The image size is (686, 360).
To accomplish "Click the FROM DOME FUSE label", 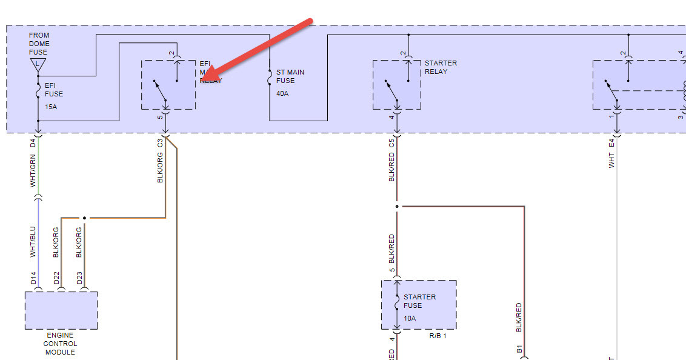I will [39, 44].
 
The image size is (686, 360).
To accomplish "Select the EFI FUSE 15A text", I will [54, 94].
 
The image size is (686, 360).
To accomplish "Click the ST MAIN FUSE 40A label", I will [290, 81].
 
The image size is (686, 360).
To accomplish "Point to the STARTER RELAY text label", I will [441, 67].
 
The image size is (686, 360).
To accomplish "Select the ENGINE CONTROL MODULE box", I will [61, 310].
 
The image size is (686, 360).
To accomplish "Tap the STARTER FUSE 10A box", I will [419, 305].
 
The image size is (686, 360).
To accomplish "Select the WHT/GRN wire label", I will [33, 170].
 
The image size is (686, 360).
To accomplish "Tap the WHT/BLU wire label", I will [33, 242].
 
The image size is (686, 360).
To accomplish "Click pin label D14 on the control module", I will [33, 279].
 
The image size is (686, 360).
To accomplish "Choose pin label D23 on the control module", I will [79, 279].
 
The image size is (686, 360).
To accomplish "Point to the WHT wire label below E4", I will [611, 160].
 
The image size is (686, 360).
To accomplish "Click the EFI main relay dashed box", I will [168, 85].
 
